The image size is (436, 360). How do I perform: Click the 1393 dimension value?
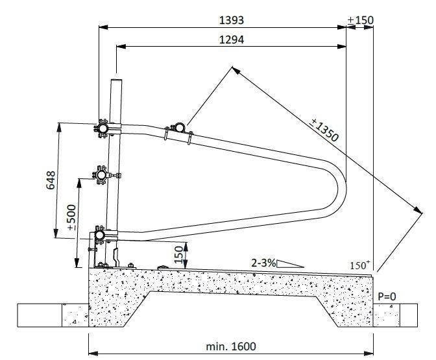[x=232, y=20]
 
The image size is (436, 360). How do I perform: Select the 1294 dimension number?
[x=232, y=40]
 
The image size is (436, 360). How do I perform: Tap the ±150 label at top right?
[x=361, y=20]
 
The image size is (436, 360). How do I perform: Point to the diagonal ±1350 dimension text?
[x=325, y=130]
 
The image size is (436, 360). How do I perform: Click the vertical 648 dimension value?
[x=51, y=180]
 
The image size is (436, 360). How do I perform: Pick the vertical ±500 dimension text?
[x=72, y=217]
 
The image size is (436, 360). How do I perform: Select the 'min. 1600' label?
[x=231, y=346]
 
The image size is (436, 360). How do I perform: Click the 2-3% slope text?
[x=263, y=263]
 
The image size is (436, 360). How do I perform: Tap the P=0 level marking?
[x=387, y=296]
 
